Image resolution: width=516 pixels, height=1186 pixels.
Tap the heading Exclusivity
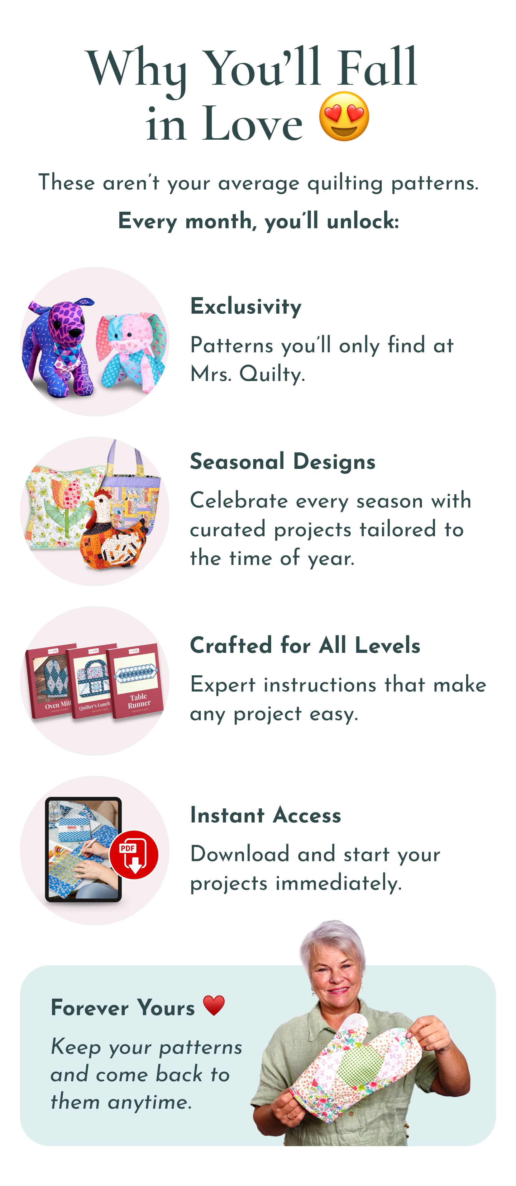[x=246, y=306]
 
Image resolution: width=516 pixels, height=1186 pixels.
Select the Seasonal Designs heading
[x=283, y=462]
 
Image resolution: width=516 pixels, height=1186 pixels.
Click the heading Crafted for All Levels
[x=305, y=645]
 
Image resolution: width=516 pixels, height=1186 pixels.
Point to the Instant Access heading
[x=265, y=815]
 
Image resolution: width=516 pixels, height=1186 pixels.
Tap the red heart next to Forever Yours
[x=214, y=1005]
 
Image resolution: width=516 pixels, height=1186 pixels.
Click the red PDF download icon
[x=134, y=855]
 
